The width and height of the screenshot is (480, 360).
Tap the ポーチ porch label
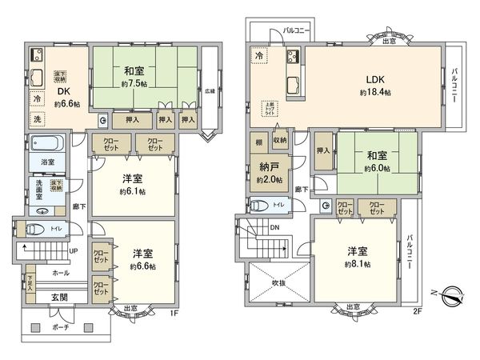[60, 327]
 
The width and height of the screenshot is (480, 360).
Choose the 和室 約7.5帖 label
[132, 74]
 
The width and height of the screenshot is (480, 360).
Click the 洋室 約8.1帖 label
[358, 257]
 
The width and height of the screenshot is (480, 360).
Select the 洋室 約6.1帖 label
[132, 186]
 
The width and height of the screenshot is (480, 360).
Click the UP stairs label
[74, 250]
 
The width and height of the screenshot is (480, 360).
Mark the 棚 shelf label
[258, 142]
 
